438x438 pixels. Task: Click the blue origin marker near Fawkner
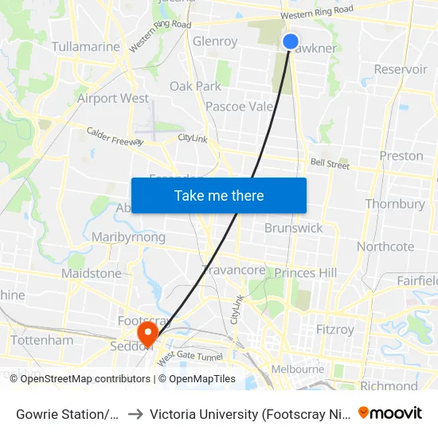[x=291, y=41]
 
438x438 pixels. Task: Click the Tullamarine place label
[x=85, y=47]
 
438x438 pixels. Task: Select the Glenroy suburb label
[x=215, y=41]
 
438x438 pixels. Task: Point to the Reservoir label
[x=401, y=69]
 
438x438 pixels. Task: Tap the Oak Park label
[x=195, y=86]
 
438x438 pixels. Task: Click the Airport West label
[x=113, y=99]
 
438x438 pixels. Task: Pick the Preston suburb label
[x=401, y=155]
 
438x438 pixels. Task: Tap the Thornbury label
[x=395, y=204]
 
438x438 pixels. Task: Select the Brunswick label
[x=294, y=228]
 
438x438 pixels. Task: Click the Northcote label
[x=385, y=247]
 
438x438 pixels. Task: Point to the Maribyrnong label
[x=128, y=237]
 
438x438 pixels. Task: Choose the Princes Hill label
[x=306, y=273]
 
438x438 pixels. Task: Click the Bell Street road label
[x=330, y=164]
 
